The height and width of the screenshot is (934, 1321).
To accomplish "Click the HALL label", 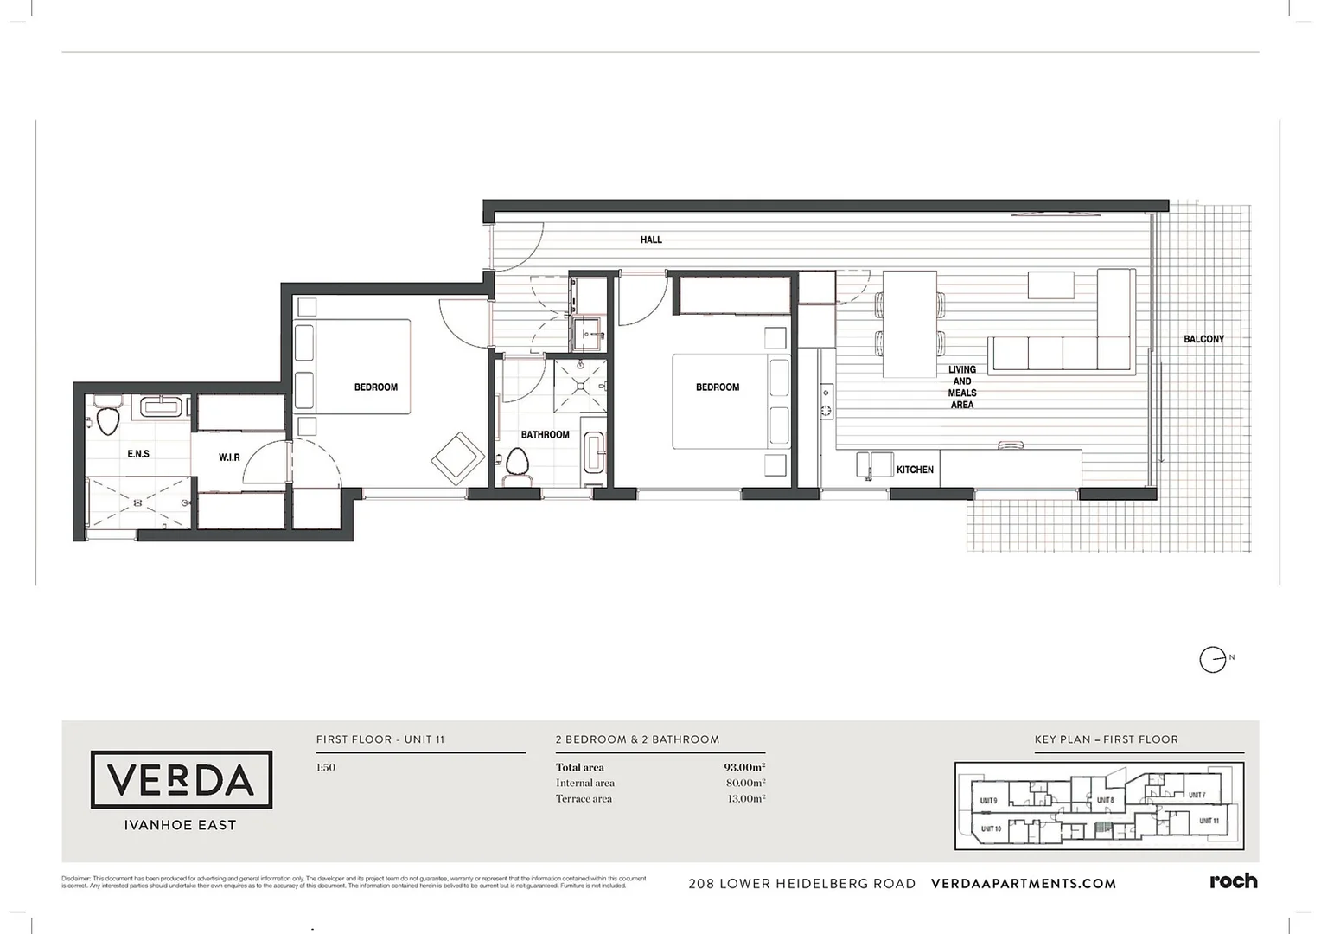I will [651, 240].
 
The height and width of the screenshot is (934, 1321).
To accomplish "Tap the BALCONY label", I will [1203, 339].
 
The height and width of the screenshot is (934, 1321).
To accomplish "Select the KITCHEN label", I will [915, 470].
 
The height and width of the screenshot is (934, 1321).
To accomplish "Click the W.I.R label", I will [229, 457].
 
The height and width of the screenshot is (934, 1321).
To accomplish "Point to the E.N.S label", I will [138, 454].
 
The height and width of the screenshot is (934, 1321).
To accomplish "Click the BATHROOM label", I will [545, 434].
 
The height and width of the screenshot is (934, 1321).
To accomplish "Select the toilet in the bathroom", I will [517, 462].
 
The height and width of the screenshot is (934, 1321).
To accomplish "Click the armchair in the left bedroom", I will [458, 458].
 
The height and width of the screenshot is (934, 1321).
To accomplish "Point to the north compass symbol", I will [1213, 660].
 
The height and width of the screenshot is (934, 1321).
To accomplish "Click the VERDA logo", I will [182, 780].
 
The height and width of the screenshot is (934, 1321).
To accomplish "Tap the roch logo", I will [1233, 881].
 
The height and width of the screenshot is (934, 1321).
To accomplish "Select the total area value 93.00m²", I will [744, 767].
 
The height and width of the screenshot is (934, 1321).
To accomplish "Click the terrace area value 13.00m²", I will [745, 798].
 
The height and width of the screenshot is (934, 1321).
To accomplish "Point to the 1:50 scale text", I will [326, 767].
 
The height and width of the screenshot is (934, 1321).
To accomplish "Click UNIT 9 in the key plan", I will [988, 801].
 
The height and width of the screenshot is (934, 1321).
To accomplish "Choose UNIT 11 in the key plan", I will [1209, 821].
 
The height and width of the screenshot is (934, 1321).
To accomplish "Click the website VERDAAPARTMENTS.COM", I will [1023, 883].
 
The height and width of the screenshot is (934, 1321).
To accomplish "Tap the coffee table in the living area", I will [1050, 285].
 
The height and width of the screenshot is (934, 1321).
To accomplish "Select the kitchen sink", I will [874, 464].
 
